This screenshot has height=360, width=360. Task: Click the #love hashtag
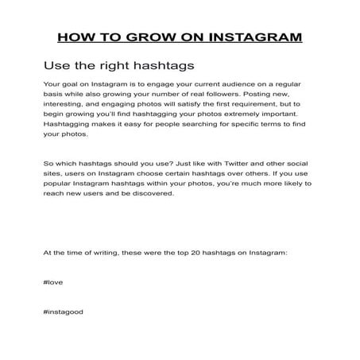click(x=56, y=282)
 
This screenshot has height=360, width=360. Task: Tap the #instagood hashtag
click(x=64, y=312)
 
